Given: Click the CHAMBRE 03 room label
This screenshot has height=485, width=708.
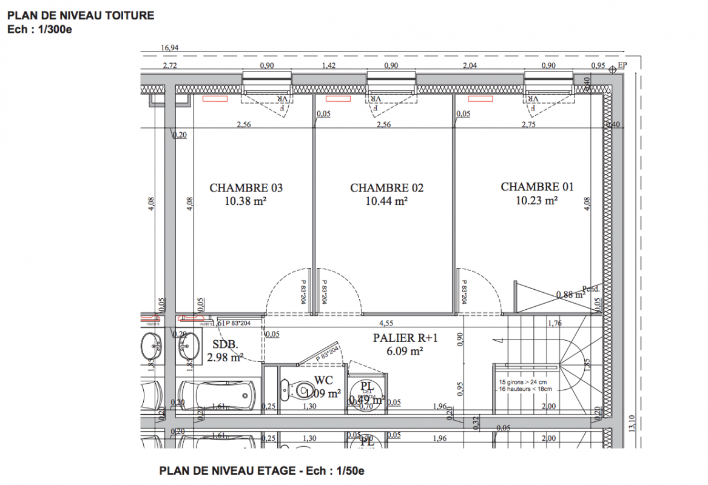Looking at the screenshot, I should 246,188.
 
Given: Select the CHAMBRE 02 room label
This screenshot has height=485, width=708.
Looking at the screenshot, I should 386,188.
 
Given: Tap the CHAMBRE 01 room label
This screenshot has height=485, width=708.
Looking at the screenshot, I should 537,187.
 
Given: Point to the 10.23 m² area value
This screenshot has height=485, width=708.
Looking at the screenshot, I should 537,201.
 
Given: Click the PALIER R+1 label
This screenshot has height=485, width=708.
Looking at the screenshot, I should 398,338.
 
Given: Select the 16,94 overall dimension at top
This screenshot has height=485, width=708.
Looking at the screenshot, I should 169,48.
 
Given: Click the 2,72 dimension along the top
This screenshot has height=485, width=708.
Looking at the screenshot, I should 169,65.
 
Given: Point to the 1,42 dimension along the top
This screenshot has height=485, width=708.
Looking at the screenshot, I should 329,65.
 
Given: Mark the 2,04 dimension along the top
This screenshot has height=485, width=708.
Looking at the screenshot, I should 470,65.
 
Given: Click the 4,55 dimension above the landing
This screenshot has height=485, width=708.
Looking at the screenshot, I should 386,323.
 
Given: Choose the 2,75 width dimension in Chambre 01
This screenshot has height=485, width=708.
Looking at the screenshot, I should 530,124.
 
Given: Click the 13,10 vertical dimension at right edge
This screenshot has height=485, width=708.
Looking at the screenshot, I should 634,421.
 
